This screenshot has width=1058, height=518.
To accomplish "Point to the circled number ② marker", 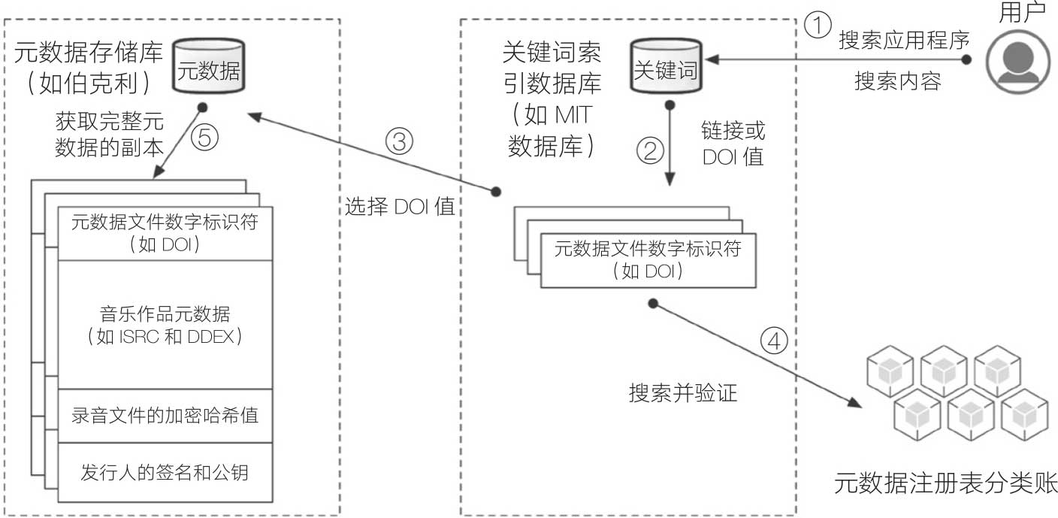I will coord(651,150).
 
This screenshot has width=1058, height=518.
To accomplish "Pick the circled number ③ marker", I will coord(399,141).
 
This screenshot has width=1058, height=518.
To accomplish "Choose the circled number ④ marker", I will coord(775,341).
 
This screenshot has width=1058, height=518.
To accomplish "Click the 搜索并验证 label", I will coord(683,392).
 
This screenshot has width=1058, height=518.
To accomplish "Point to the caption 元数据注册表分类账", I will coord(945,483).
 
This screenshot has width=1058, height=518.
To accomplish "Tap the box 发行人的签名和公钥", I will coord(165,473).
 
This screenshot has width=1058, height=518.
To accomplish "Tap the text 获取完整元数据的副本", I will coord(110,135).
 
